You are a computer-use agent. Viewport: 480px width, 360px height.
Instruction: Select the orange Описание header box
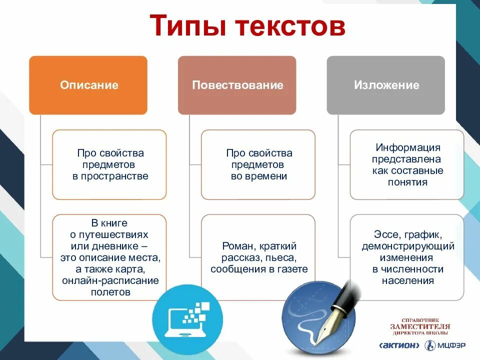coord(88,85)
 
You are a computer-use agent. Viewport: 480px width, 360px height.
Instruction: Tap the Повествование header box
coord(237,85)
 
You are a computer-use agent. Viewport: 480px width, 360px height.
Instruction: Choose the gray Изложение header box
coord(386,85)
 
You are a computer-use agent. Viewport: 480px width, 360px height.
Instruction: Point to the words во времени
coord(258,176)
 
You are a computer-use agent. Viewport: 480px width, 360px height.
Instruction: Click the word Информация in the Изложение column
coord(407,148)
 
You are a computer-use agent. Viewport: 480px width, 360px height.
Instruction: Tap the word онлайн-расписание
coord(110,280)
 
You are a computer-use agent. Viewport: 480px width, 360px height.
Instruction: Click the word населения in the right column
coord(407,280)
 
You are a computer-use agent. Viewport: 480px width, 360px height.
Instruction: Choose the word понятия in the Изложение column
coord(407,182)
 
